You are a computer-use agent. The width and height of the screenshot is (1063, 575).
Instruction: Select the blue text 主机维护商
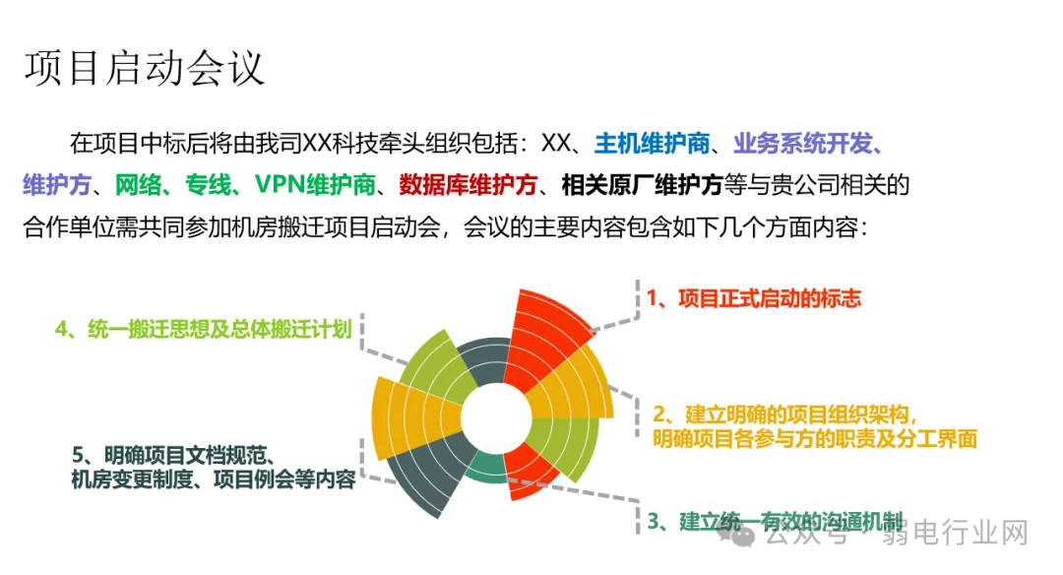click(x=652, y=144)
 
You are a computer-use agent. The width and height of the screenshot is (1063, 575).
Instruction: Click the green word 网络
click(x=137, y=185)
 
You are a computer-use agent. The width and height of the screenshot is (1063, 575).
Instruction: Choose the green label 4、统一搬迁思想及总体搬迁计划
click(x=203, y=329)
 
